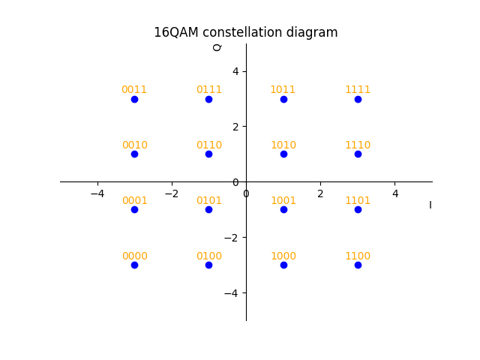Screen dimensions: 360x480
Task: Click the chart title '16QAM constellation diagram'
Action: tap(245, 32)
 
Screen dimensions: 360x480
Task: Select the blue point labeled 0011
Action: tap(134, 99)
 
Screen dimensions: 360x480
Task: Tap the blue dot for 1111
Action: tap(358, 99)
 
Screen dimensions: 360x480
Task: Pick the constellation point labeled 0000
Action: tap(134, 265)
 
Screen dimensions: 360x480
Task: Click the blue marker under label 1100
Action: tap(358, 265)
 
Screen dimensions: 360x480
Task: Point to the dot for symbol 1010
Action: tap(283, 154)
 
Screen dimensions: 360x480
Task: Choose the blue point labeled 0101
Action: tap(208, 209)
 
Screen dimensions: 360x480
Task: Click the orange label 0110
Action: tap(209, 145)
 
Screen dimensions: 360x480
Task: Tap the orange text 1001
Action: tap(283, 201)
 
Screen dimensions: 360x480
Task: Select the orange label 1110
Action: tap(358, 145)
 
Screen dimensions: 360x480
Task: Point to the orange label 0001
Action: tap(134, 201)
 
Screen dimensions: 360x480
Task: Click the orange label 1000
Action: tap(283, 256)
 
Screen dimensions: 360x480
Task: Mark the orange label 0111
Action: tap(209, 90)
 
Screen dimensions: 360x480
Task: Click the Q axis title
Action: tap(217, 47)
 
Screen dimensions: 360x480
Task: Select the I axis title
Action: tap(430, 205)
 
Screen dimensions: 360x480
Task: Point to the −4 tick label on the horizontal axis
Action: tap(97, 194)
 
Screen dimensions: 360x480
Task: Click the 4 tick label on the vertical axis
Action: tap(235, 71)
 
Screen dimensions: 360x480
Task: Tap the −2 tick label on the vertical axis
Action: tap(232, 237)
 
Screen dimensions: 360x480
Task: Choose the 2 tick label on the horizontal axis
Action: tap(320, 194)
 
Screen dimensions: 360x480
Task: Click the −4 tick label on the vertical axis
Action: tap(232, 292)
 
